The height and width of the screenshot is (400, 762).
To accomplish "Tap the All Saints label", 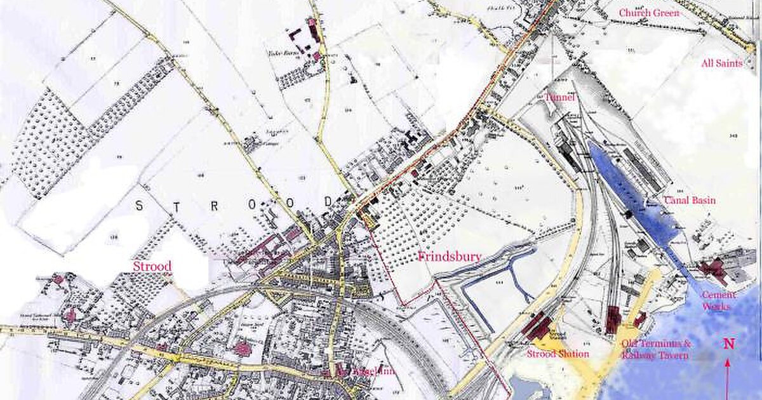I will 721,63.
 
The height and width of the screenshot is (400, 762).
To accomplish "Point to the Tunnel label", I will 559,97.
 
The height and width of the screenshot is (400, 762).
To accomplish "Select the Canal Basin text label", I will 690,201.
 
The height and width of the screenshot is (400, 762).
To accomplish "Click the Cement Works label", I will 719,300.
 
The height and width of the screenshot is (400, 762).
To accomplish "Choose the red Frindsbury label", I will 450,257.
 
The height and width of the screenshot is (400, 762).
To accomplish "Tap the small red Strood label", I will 152,266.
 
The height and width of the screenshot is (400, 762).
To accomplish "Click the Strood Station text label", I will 558,354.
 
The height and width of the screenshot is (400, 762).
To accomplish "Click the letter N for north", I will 729,344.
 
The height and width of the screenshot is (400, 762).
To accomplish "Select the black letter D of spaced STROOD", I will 328,201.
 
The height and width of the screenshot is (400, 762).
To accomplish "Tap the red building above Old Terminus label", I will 613,319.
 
